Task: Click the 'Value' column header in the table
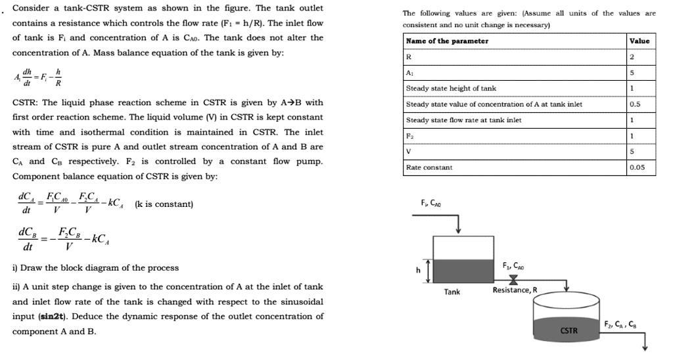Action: tap(639, 41)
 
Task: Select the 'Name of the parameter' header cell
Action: tap(447, 41)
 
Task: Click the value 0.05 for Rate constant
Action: tap(637, 168)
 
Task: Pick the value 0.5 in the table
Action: tap(635, 104)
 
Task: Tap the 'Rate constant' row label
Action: tap(429, 168)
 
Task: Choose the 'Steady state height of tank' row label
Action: tap(451, 88)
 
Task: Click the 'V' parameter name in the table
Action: tap(409, 152)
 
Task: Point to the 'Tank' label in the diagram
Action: tap(452, 292)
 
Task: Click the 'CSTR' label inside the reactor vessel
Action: tap(569, 330)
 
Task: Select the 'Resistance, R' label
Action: tap(515, 290)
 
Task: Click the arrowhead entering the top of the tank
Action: tap(458, 229)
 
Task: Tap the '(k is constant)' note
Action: tap(164, 204)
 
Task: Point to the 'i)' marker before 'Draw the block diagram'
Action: tap(15, 268)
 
